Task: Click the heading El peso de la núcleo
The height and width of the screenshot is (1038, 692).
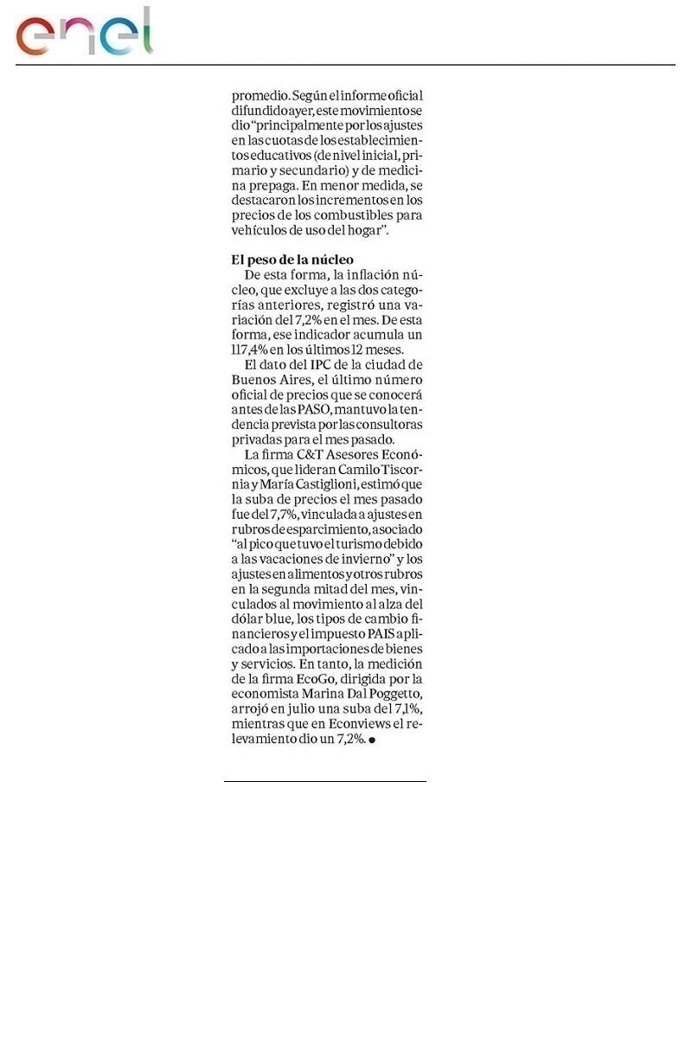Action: (x=292, y=259)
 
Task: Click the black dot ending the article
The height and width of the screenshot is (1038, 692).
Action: (x=371, y=740)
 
